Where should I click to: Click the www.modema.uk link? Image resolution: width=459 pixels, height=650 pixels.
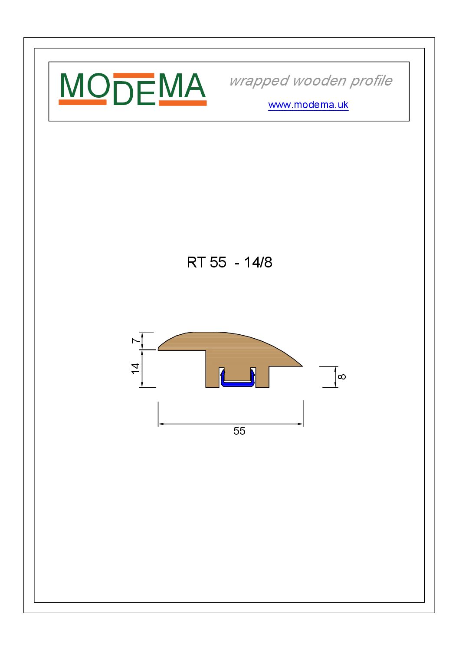pos(308,105)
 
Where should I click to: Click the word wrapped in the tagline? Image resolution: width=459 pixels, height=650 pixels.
pos(259,81)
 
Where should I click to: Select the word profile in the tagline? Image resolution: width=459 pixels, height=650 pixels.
pos(371,81)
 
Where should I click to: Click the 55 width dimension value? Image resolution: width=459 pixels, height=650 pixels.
pos(239,431)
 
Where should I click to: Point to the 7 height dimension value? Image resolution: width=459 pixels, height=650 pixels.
pos(135,341)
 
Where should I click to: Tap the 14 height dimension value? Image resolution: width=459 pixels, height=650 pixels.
pos(135,369)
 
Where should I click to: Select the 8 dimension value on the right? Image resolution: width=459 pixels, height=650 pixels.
pos(342,376)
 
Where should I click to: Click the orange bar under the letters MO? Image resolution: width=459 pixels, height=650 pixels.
pos(82,102)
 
